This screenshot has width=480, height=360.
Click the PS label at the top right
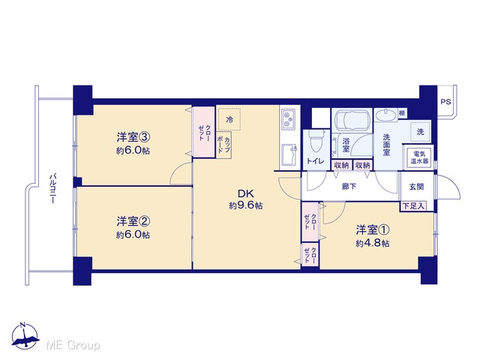click(x=445, y=101)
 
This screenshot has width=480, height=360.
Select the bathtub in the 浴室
click(x=352, y=119)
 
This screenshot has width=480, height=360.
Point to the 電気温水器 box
click(x=419, y=157)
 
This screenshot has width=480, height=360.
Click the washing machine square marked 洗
click(x=421, y=132)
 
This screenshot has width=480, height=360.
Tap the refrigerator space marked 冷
click(x=229, y=119)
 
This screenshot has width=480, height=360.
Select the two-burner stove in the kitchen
click(x=288, y=119)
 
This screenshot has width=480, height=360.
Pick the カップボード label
click(x=223, y=145)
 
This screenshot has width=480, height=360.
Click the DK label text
click(x=246, y=193)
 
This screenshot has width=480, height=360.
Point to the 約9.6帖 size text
click(x=246, y=205)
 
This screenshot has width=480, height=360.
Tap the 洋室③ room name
click(x=133, y=137)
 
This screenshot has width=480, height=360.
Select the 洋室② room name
click(x=133, y=221)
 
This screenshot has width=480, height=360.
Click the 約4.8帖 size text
click(x=373, y=243)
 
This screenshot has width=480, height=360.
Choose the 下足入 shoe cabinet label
click(x=413, y=206)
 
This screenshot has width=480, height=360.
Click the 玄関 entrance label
click(x=416, y=187)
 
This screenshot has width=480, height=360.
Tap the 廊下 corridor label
click(x=349, y=186)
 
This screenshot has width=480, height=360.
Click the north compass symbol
click(x=25, y=336)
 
